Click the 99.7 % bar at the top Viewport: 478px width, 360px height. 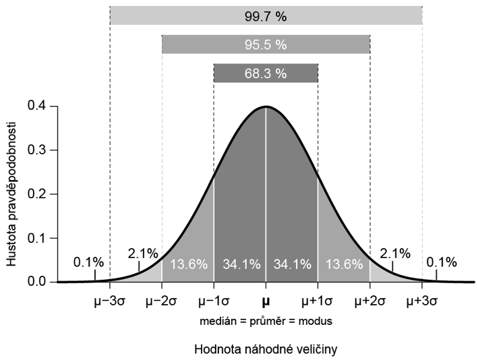click(266, 15)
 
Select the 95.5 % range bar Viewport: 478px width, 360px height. click(266, 44)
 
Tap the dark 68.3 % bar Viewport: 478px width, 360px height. click(266, 73)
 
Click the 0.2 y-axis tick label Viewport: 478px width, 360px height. click(38, 193)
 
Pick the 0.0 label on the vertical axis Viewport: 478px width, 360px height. click(38, 281)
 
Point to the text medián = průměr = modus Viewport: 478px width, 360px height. click(266, 322)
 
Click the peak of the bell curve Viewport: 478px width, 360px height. click(266, 107)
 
